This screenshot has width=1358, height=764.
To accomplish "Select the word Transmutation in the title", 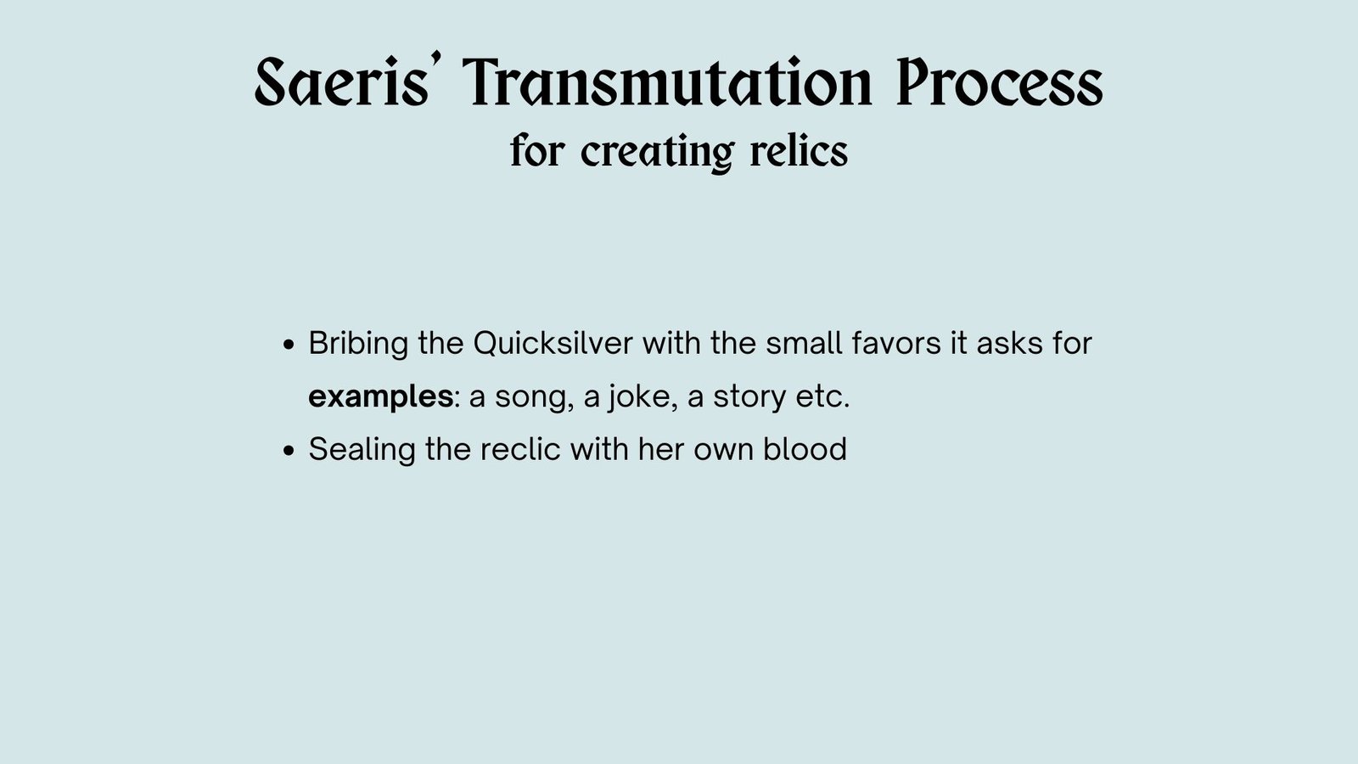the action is click(x=667, y=81).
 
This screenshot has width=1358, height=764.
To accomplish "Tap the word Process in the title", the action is click(x=1000, y=81).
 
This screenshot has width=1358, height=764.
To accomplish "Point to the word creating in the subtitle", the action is click(x=658, y=152).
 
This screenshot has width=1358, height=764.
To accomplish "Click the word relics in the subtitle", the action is click(x=799, y=149).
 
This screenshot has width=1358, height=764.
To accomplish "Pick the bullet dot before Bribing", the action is click(x=289, y=345).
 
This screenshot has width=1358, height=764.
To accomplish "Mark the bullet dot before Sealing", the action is click(x=289, y=451).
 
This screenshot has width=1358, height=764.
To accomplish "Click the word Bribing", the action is click(x=358, y=344).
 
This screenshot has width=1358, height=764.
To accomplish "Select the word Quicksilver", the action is click(x=553, y=343).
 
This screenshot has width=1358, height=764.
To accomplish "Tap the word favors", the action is click(x=896, y=343).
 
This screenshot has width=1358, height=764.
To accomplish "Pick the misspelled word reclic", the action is click(x=520, y=449).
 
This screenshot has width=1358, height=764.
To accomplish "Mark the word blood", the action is click(x=805, y=449).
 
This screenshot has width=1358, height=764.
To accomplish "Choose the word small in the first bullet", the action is click(x=804, y=343).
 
